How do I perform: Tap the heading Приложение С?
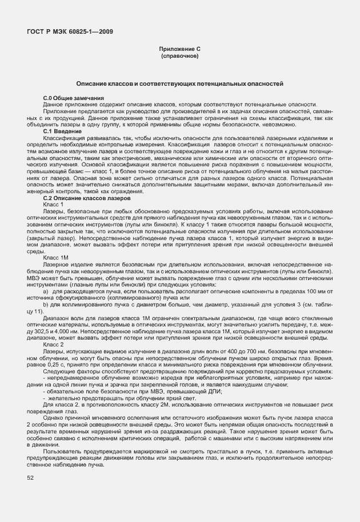click(179, 50)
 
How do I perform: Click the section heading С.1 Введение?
click(62, 132)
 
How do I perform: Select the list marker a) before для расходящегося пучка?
click(45, 292)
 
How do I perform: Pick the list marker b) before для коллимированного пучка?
click(45, 305)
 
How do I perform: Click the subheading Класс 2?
click(53, 344)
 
